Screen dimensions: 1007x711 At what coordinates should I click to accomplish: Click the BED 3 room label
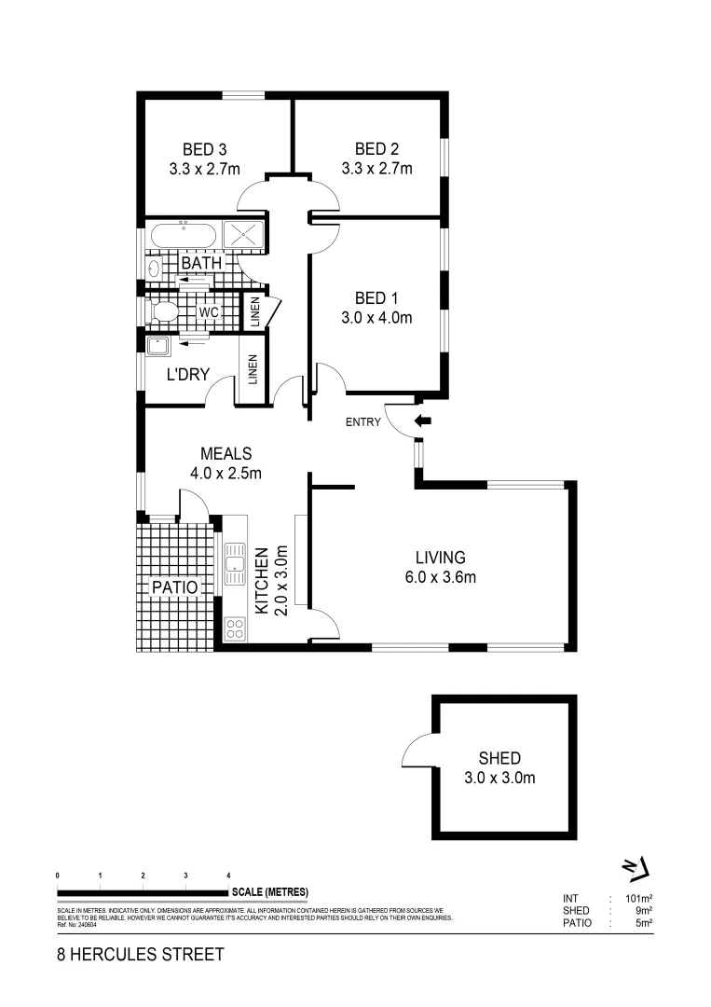[204, 149]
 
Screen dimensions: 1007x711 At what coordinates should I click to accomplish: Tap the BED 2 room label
[376, 149]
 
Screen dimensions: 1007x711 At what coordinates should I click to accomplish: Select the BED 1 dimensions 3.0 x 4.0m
[376, 318]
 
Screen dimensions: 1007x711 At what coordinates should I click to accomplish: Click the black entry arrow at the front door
[423, 421]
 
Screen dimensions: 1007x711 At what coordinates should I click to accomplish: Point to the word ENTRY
[363, 422]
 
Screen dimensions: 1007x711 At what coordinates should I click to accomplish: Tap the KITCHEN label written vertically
[264, 580]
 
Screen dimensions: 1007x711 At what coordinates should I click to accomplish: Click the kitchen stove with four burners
[235, 628]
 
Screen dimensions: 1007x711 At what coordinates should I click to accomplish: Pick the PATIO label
[175, 587]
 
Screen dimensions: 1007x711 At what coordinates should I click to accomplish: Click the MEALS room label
[225, 454]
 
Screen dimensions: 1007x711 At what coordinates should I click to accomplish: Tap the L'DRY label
[187, 375]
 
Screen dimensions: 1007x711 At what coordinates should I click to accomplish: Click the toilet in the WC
[164, 311]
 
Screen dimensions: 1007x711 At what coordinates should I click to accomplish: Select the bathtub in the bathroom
[183, 236]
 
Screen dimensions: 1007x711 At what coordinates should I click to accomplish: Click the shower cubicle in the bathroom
[244, 236]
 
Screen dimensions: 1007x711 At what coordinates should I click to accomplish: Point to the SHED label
[499, 758]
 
